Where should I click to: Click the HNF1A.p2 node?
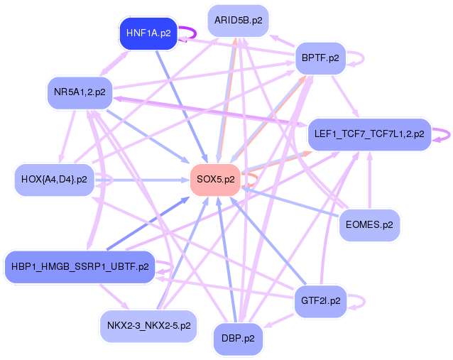pyautogui.click(x=148, y=33)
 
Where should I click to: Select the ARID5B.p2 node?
pyautogui.click(x=238, y=21)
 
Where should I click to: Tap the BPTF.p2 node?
pyautogui.click(x=320, y=58)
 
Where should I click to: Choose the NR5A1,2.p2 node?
pyautogui.click(x=79, y=92)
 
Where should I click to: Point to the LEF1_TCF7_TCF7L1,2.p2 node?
pyautogui.click(x=369, y=133)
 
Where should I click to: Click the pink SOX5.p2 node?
pyautogui.click(x=215, y=179)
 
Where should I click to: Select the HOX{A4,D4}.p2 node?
pyautogui.click(x=54, y=180)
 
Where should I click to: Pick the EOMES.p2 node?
pyautogui.click(x=369, y=224)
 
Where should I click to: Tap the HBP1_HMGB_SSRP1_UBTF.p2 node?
pyautogui.click(x=80, y=267)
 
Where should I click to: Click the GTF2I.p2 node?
pyautogui.click(x=320, y=300)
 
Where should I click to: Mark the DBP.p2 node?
pyautogui.click(x=238, y=339)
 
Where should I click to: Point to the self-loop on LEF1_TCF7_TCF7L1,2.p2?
pyautogui.click(x=443, y=133)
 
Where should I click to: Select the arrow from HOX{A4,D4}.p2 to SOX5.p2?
pyautogui.click(x=142, y=180)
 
